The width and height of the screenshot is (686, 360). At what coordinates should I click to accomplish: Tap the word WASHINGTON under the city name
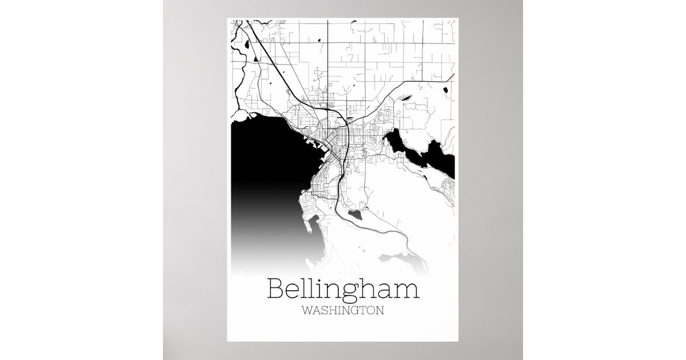pyautogui.click(x=342, y=312)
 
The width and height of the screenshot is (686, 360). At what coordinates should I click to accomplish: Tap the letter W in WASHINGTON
pyautogui.click(x=306, y=312)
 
